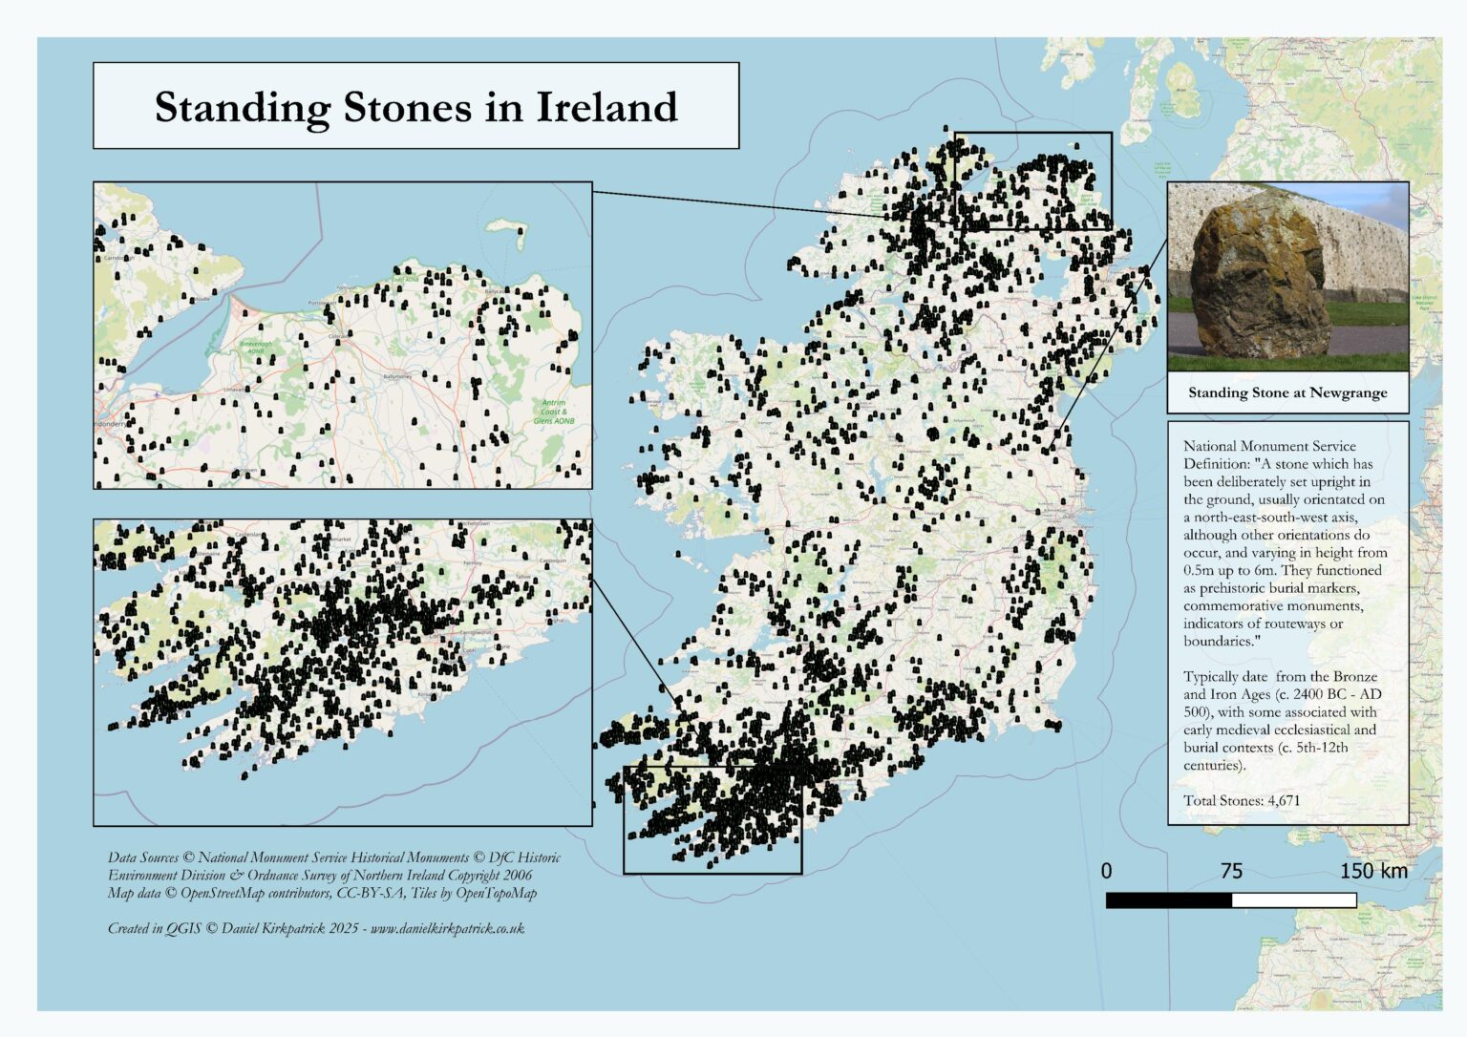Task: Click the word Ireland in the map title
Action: tap(606, 107)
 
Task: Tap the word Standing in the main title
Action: tap(242, 108)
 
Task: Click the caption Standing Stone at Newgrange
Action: tap(1286, 392)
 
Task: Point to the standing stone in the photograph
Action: tap(1251, 278)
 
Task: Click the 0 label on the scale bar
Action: tap(1106, 871)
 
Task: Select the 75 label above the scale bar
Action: tap(1231, 871)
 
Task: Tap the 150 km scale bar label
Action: tap(1372, 871)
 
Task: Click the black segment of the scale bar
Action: tap(1168, 900)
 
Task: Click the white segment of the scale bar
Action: tap(1294, 900)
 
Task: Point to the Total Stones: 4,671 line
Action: tap(1241, 800)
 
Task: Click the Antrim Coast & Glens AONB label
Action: tap(554, 412)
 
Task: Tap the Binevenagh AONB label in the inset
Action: tap(255, 347)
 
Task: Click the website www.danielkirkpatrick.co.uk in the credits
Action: tap(447, 928)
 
